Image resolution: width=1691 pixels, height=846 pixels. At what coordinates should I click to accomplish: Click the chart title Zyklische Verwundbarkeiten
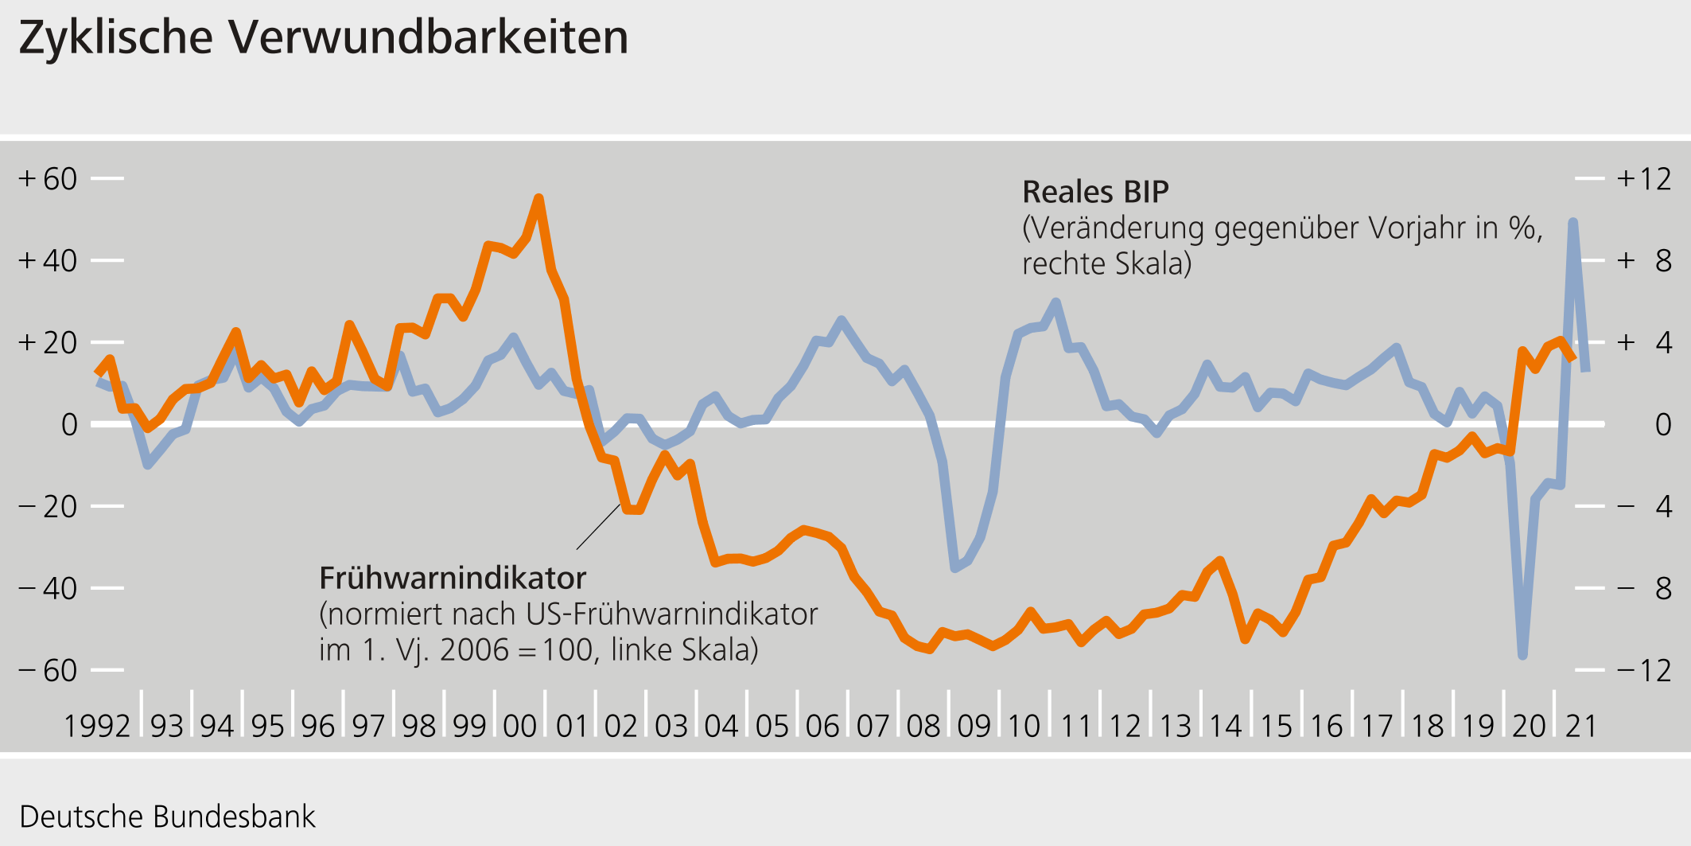point(323,37)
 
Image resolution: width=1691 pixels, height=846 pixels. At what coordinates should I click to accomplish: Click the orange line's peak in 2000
point(538,199)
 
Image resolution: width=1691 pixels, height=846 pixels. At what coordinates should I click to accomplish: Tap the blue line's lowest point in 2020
point(1522,654)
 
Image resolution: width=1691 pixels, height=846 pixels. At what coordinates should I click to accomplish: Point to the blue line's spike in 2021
point(1572,223)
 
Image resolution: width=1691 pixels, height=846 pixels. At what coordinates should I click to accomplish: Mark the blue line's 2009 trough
point(955,567)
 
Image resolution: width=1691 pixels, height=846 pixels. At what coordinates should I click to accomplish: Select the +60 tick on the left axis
point(107,178)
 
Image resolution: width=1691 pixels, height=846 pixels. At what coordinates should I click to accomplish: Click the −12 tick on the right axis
point(1589,670)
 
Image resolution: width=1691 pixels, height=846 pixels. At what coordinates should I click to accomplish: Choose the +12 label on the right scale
point(1643,179)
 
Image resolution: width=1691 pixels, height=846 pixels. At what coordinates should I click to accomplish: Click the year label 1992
point(96,726)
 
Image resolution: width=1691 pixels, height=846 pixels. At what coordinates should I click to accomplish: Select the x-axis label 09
point(974,726)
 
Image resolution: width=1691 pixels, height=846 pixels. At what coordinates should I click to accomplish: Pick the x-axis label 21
point(1580,726)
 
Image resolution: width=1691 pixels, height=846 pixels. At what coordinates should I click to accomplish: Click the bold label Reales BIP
point(1095,192)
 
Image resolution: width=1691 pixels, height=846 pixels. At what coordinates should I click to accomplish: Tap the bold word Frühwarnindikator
point(453,578)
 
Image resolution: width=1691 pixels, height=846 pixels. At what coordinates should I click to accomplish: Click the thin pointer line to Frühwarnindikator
point(598,526)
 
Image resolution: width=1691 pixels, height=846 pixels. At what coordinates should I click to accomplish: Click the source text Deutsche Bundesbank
point(167,817)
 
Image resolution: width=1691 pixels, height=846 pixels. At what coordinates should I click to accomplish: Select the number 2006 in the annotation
point(474,650)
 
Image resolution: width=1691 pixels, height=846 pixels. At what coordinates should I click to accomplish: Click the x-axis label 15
point(1276,726)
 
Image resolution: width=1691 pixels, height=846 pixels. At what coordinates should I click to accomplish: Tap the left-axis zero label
point(70,425)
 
